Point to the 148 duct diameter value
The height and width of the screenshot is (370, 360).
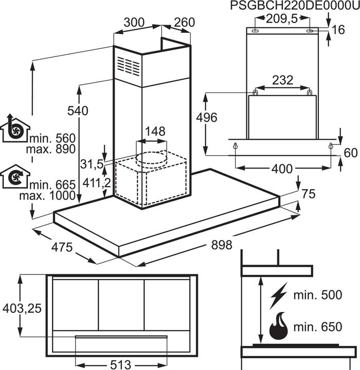155,132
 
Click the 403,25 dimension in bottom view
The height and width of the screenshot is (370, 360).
22,308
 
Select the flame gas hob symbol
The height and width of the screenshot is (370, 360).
278,327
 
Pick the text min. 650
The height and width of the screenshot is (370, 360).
317,327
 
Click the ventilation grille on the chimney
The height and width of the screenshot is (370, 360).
128,66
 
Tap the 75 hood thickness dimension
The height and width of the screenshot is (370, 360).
308,194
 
